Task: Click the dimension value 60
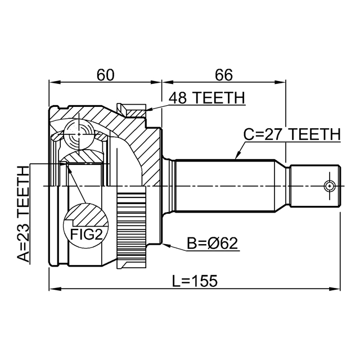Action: pos(105,74)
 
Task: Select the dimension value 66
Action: pos(224,74)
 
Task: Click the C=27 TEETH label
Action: pos(292,134)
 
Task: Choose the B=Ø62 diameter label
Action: pos(213,244)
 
